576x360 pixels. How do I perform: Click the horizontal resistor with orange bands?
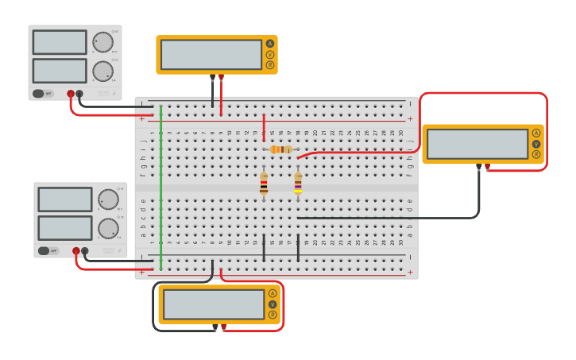(280, 149)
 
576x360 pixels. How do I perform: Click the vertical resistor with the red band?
(264, 185)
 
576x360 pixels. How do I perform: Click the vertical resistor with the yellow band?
(298, 184)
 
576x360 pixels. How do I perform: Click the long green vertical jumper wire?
(161, 187)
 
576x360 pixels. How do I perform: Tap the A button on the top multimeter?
(269, 44)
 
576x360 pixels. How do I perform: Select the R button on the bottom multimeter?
(273, 315)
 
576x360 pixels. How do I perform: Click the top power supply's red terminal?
(71, 94)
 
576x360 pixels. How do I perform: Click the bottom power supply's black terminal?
(85, 251)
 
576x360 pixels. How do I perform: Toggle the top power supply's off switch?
(43, 93)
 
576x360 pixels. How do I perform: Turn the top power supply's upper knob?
(102, 42)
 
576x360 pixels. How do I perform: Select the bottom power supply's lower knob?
(108, 228)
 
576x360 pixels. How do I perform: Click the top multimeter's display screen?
(211, 55)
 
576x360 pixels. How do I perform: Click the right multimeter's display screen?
(477, 144)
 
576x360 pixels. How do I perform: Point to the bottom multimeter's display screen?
(213, 304)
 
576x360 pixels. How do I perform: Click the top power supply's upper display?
(60, 42)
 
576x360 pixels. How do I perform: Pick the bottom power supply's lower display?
(65, 227)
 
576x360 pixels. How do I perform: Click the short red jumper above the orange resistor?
(264, 127)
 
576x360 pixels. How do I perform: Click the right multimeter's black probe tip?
(478, 167)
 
